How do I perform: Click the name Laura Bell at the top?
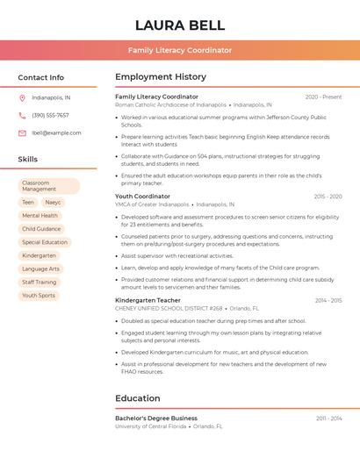coord(180,25)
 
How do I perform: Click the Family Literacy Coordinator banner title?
coord(180,51)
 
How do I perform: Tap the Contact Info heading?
coord(40,77)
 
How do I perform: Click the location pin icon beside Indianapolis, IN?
coord(22,97)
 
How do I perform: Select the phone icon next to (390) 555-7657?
coord(22,115)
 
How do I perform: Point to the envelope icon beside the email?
coord(22,133)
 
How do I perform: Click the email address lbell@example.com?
coord(56,133)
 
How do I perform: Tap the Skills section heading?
coord(27,160)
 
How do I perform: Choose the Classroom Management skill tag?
coord(48,186)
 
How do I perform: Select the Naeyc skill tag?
coord(54,203)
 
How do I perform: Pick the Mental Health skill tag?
coord(40,216)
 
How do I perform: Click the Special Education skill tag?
coord(44,242)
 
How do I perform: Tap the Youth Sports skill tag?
coord(39,296)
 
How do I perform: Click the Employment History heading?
coord(161,77)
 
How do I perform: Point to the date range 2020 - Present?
coord(323,97)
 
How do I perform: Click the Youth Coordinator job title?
coord(142,197)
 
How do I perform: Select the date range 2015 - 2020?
coord(328,197)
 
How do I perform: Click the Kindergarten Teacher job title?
coord(148,300)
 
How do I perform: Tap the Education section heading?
coord(137,398)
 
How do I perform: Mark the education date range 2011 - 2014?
coord(329,418)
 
